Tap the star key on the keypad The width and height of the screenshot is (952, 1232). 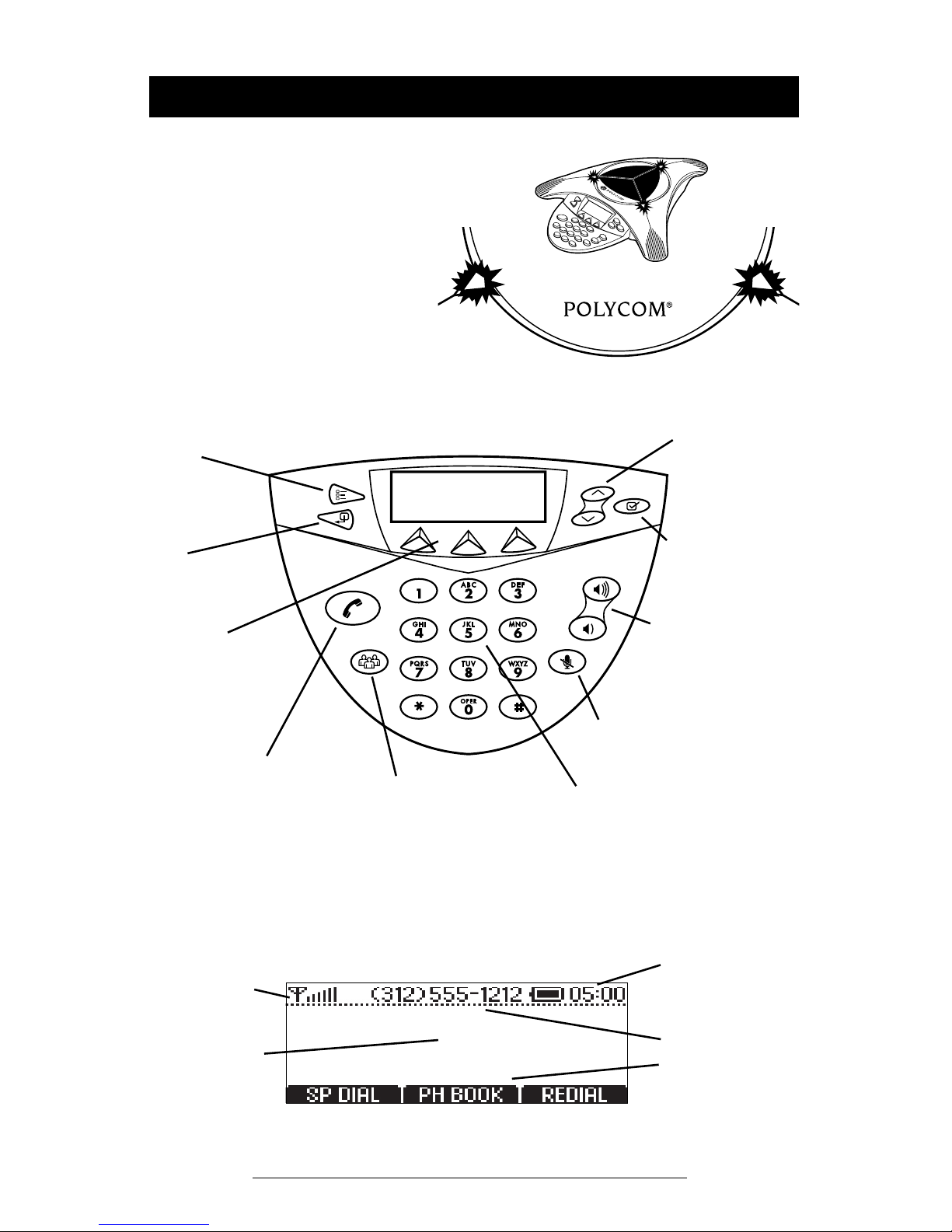(x=419, y=707)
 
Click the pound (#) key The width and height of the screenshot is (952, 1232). (x=518, y=707)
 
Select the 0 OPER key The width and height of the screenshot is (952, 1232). (x=469, y=707)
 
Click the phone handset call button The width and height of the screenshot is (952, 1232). (x=353, y=608)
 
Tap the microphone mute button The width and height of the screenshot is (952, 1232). (x=567, y=661)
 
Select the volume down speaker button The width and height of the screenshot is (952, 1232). (x=588, y=629)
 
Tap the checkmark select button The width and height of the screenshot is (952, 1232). (x=632, y=506)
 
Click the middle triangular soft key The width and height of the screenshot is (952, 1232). (x=468, y=543)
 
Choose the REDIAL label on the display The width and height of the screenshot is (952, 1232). (x=574, y=1094)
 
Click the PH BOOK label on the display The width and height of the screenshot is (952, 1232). (x=460, y=1094)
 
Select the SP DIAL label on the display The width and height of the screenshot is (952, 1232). (x=343, y=1094)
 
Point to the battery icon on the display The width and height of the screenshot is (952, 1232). (x=548, y=994)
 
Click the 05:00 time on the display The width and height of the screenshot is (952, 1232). (x=598, y=994)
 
